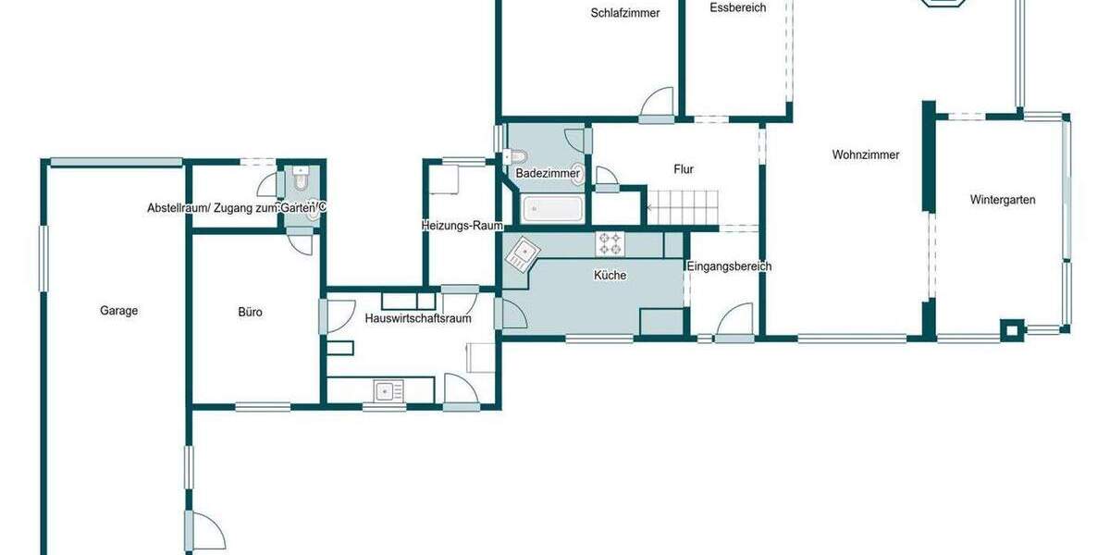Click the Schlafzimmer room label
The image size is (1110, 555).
coord(625,13)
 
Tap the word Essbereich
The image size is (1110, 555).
coord(737,7)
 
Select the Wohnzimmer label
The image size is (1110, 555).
coord(865,155)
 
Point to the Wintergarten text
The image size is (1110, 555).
coord(1002,200)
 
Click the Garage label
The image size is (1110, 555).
coord(118,311)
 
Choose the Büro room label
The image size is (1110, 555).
coord(250,313)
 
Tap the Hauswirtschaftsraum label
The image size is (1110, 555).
coord(418,319)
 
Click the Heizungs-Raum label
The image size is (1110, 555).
coord(462,226)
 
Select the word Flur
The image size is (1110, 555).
coord(684,169)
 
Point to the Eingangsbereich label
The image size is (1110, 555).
coord(729,266)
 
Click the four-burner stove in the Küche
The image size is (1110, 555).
coord(610,244)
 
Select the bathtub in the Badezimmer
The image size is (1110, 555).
coord(552,209)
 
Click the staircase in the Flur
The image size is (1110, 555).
coord(682,205)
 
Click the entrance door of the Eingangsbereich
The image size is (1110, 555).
coord(734,322)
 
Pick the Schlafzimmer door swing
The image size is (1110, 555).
coord(659,105)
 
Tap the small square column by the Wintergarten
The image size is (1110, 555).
coord(1014,328)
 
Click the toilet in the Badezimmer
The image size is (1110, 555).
coord(517,156)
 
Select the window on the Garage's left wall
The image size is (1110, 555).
coord(43,259)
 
